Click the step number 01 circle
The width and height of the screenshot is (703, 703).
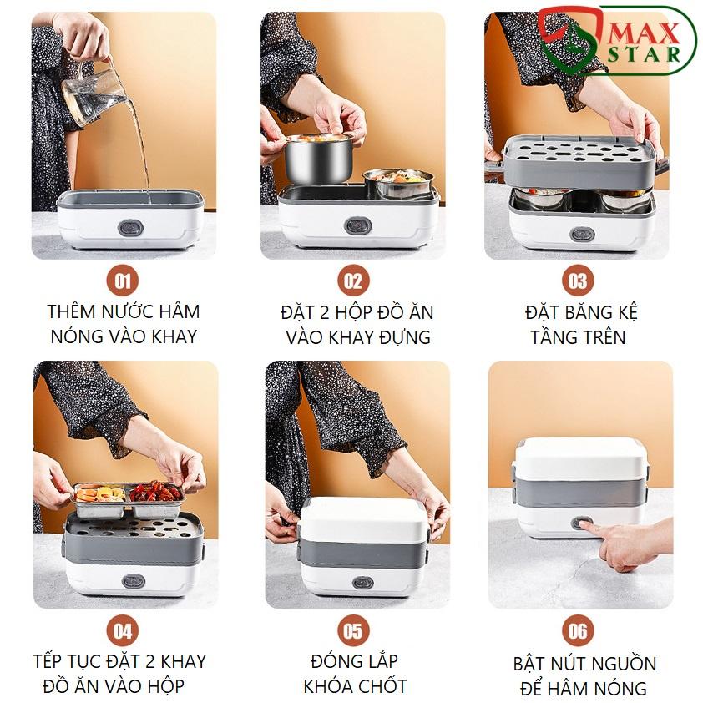123,281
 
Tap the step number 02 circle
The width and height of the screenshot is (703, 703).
353,281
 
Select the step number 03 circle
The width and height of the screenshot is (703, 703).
578,281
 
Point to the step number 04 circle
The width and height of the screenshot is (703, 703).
123,630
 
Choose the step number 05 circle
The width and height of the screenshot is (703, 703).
353,630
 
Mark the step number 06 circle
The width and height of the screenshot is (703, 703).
578,630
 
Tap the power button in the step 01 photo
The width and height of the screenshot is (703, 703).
130,228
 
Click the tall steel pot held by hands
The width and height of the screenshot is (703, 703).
319,158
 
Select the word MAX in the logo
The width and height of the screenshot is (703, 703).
644,33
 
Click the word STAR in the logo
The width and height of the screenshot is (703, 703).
644,55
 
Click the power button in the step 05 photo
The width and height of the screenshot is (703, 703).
362,583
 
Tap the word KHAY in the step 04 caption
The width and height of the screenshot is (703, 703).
184,661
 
